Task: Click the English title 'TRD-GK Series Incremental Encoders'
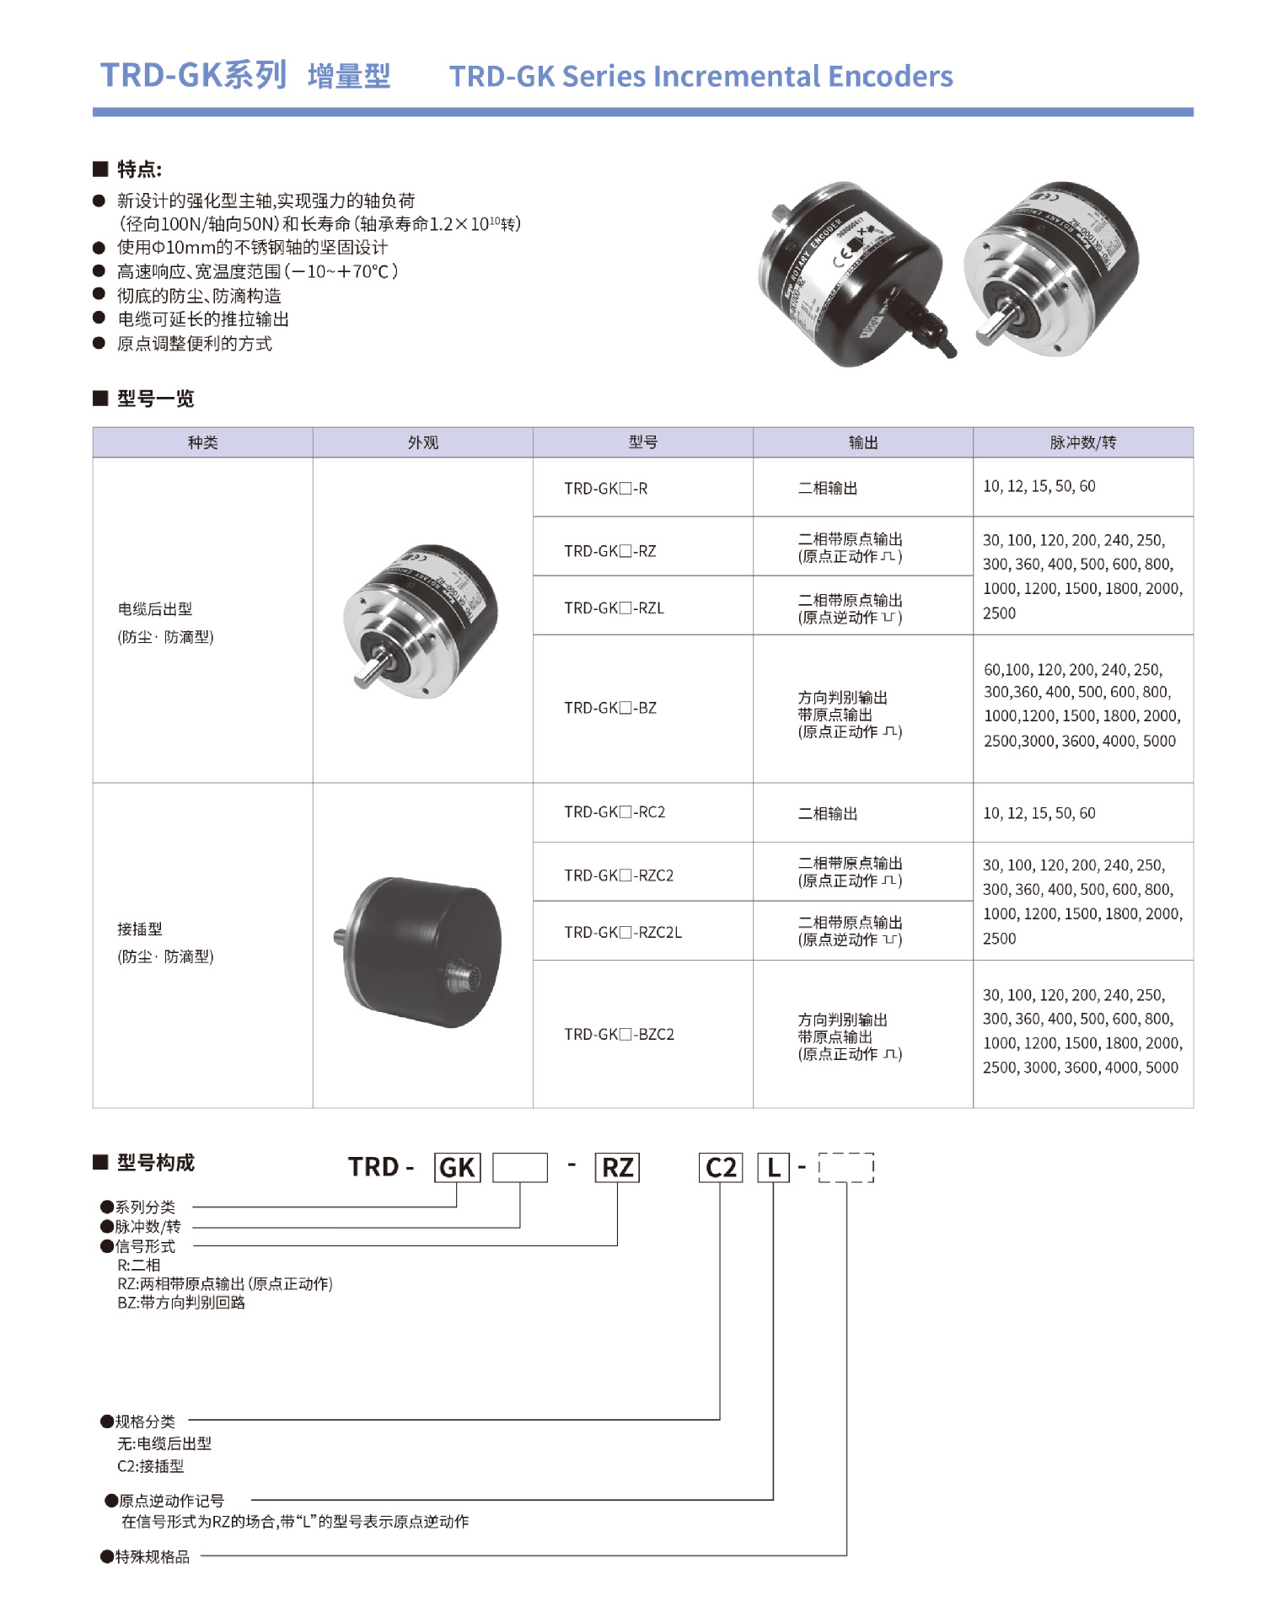point(701,77)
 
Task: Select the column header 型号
point(642,442)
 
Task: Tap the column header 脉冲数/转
point(1082,442)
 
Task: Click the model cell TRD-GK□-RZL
point(614,608)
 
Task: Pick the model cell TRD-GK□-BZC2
point(619,1034)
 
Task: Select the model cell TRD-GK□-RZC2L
point(622,932)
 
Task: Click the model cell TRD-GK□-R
point(605,489)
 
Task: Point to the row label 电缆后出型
point(155,609)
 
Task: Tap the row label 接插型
point(140,929)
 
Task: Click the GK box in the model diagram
point(457,1168)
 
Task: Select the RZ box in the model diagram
point(617,1168)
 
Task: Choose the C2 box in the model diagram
point(721,1168)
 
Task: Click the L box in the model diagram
point(773,1168)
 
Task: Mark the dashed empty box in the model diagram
point(845,1168)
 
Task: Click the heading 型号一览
point(155,399)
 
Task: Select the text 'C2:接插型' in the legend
point(150,1466)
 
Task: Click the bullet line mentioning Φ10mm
point(252,248)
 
